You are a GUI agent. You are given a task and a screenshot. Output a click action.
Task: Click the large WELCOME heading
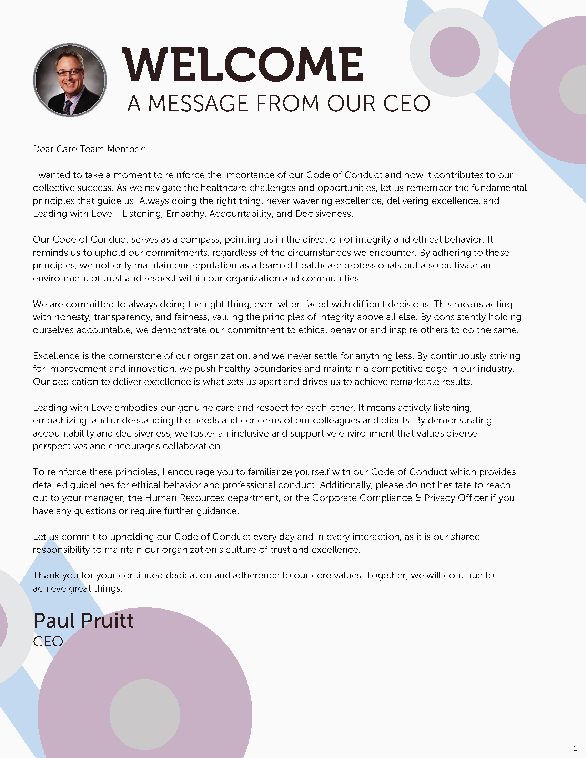[243, 64]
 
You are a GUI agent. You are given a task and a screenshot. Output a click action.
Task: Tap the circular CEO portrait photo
[70, 80]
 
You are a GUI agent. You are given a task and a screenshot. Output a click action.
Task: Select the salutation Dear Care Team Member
[89, 149]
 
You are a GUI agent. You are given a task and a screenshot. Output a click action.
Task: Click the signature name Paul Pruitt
[83, 621]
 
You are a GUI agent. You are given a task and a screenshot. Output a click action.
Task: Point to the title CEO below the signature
[48, 642]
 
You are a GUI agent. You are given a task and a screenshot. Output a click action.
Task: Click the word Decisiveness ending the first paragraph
[324, 214]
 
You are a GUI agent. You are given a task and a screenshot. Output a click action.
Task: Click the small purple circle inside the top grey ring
[454, 52]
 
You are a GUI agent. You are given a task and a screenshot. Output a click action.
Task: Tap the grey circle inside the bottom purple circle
[145, 715]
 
